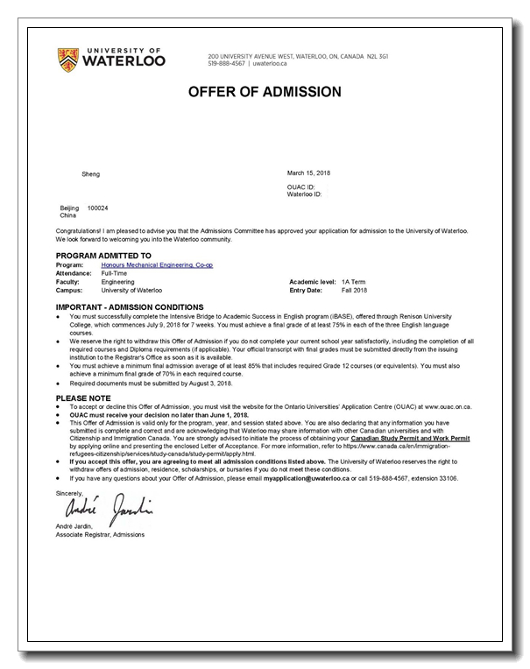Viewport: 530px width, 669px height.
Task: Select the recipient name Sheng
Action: point(91,174)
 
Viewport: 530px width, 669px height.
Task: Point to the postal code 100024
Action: point(98,208)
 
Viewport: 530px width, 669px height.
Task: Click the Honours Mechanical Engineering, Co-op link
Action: point(157,264)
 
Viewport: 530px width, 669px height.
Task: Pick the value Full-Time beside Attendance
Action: point(115,273)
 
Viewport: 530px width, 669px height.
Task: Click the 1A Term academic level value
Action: point(352,282)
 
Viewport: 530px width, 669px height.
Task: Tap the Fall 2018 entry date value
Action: point(354,290)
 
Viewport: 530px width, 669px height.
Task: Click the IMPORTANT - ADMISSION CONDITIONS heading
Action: point(130,307)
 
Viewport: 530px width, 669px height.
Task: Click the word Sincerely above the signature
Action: point(70,492)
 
